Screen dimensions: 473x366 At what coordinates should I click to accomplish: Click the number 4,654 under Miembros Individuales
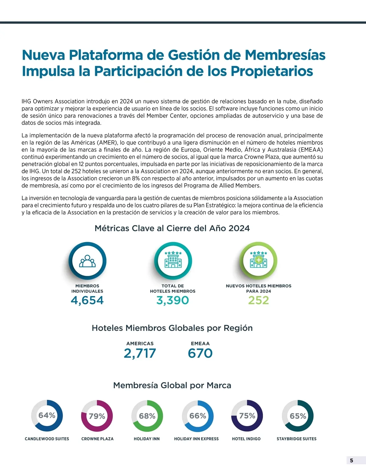coord(87,300)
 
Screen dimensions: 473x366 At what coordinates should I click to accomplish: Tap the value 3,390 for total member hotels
coord(173,300)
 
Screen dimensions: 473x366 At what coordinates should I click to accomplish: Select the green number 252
coord(258,300)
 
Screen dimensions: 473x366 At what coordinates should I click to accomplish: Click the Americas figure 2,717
coord(140,353)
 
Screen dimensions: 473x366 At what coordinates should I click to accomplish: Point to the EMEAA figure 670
coord(200,353)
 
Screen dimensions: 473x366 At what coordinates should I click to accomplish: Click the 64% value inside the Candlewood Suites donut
coord(47,415)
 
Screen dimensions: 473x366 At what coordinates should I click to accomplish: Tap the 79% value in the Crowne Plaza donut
coord(97,416)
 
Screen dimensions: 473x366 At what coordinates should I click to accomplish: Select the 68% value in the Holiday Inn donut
coord(147,416)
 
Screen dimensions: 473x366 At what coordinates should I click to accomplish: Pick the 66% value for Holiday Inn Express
coord(198,416)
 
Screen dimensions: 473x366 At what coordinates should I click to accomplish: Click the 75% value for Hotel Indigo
coord(247,416)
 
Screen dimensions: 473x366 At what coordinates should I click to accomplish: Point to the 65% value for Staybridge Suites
coord(298,416)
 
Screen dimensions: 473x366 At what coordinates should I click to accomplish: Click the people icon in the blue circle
coord(88,261)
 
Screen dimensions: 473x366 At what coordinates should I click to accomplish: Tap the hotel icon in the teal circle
coord(173,260)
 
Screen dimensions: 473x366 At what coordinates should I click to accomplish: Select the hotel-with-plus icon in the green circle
coord(258,260)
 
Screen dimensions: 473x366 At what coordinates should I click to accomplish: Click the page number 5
coord(351,461)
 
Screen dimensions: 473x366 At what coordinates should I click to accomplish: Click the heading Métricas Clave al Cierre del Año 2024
coord(172,228)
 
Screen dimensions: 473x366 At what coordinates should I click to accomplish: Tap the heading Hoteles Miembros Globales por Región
coord(172,328)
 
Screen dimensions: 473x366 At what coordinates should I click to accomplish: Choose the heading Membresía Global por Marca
coord(172,385)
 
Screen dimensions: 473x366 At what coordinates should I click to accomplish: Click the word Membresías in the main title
coord(285,55)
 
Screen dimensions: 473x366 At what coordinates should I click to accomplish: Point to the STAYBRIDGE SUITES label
coord(296,439)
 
